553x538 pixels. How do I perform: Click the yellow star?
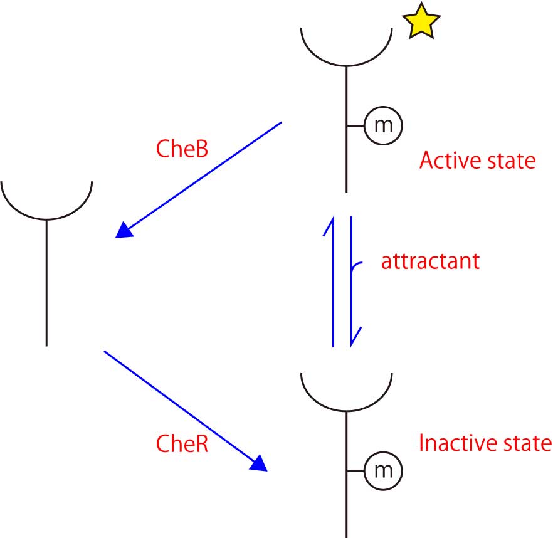(421, 23)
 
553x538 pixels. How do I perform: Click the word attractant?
(430, 260)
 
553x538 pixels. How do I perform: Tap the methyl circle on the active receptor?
(383, 125)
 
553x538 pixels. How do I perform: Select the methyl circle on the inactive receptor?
(383, 470)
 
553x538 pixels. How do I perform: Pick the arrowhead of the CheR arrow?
(260, 463)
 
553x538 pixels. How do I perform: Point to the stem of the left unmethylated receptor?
(46, 282)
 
